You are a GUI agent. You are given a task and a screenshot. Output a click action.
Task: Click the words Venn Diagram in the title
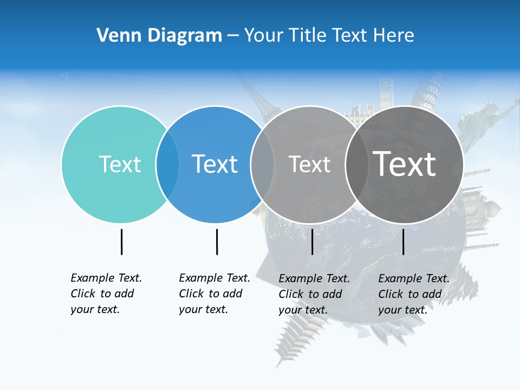tap(159, 36)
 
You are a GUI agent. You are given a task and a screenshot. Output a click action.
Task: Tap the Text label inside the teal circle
tap(120, 164)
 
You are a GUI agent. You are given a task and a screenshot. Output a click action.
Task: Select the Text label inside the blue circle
tap(215, 164)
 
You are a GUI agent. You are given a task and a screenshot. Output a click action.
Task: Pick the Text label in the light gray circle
tap(309, 164)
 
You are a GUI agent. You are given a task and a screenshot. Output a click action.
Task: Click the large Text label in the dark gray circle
tap(405, 164)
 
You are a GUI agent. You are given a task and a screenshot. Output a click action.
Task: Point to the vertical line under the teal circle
tap(121, 242)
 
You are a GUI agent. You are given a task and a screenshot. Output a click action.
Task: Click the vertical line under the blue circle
tap(217, 242)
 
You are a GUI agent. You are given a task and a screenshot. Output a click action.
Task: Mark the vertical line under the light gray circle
tap(312, 242)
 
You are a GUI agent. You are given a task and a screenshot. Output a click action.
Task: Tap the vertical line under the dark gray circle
tap(403, 242)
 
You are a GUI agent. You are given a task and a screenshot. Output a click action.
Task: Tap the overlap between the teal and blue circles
tap(167, 164)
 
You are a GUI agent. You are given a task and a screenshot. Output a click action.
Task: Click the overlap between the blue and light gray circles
tap(262, 164)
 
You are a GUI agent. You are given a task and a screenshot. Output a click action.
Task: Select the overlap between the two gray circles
tap(356, 164)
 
